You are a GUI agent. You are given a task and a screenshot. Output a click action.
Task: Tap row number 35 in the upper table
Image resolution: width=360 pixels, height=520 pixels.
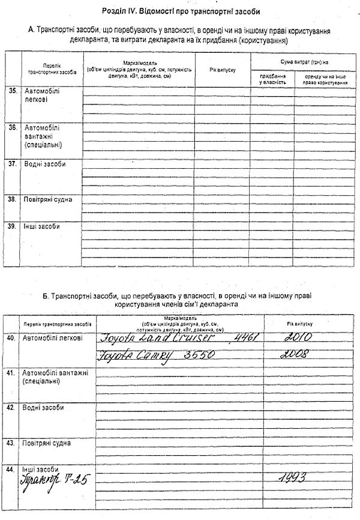[11, 91]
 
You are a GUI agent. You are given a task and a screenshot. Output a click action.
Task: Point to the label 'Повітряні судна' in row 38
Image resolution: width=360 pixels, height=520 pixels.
[49, 199]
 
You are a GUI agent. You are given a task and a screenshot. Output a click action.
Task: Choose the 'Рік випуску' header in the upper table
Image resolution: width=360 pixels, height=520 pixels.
[223, 70]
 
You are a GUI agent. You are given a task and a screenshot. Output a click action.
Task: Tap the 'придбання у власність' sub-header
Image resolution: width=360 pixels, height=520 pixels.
[272, 79]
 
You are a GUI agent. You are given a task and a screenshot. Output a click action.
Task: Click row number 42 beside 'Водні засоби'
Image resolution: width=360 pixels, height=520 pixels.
[11, 408]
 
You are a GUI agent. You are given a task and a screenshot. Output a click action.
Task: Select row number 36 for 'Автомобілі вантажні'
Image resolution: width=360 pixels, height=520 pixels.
[11, 127]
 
